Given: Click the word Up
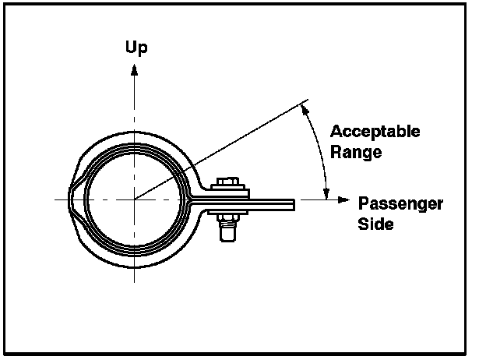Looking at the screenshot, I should pos(136,48).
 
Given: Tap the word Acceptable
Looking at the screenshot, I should pos(375,131).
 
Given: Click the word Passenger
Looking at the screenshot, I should pos(400,204).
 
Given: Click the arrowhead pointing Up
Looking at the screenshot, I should pos(135,69).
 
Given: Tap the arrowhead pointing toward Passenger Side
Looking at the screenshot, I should pos(343,200).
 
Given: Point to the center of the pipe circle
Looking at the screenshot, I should pos(134,200).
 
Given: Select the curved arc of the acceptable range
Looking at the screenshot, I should pos(322,152).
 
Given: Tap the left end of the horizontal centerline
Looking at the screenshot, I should pos(56,200).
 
